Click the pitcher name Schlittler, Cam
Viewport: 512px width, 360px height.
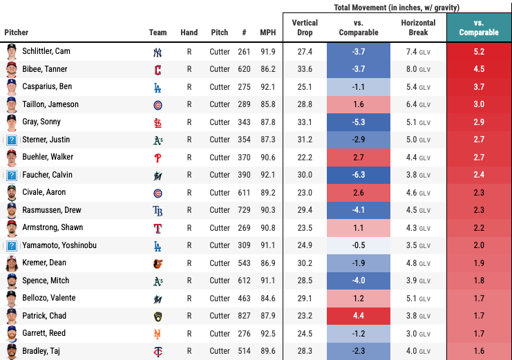click(46, 52)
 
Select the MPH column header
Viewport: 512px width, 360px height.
click(267, 32)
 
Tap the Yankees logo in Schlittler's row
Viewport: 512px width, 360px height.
click(158, 53)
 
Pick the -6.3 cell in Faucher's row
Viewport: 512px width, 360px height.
click(359, 175)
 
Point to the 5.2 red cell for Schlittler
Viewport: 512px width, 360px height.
click(479, 52)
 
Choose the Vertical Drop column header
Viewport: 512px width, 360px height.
click(305, 28)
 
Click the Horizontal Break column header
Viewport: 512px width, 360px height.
click(418, 28)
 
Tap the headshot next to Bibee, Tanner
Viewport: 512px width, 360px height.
click(12, 69)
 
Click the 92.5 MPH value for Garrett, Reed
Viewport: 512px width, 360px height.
click(267, 333)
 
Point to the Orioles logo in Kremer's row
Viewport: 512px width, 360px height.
click(158, 263)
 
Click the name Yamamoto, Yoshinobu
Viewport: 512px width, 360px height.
click(59, 245)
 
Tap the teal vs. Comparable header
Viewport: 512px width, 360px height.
click(479, 28)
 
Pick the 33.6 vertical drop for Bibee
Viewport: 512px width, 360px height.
click(305, 69)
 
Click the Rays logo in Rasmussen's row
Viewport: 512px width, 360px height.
click(158, 210)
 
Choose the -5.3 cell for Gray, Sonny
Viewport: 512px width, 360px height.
click(359, 122)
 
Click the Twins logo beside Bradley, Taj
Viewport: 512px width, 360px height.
click(158, 351)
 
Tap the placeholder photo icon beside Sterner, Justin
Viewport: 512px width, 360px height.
click(12, 140)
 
